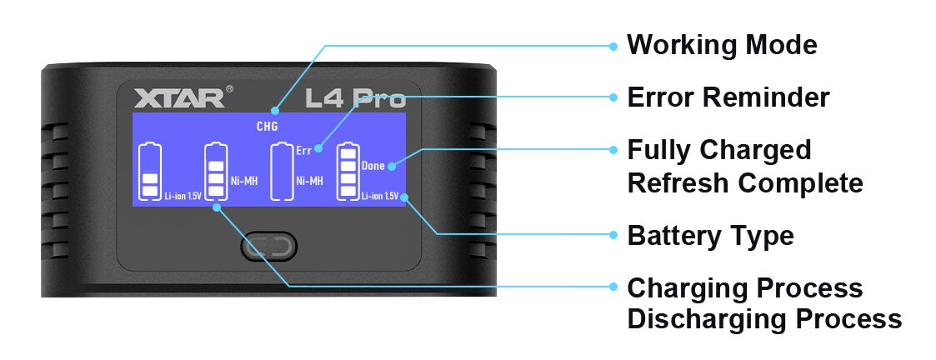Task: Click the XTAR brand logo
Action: click(178, 97)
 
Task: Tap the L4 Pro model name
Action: click(355, 98)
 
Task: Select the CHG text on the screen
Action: click(267, 127)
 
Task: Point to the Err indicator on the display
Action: click(303, 151)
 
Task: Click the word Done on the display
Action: click(373, 166)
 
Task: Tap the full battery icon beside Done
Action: click(348, 172)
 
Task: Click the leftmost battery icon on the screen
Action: click(150, 172)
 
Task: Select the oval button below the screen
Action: click(268, 247)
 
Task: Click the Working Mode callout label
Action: click(722, 44)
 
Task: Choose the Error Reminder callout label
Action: click(728, 97)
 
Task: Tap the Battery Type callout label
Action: click(710, 236)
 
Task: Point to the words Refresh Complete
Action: click(744, 182)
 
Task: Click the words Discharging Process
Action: click(763, 318)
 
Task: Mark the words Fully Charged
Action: click(718, 150)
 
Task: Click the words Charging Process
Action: click(744, 287)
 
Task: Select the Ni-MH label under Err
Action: click(309, 180)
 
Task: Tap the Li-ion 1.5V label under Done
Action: click(379, 196)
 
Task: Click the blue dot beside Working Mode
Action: click(613, 45)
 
